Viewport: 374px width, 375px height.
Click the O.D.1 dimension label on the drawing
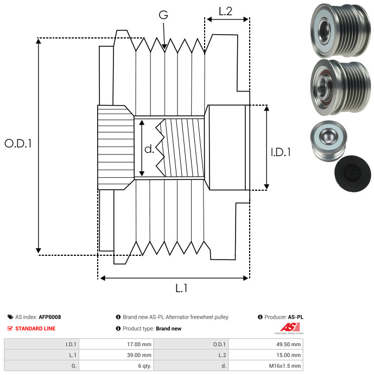coord(18,144)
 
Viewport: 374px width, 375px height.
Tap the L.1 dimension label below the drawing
coord(181,288)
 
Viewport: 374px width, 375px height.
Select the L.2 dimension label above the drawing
coord(225,11)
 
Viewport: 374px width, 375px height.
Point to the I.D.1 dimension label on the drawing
coord(281,152)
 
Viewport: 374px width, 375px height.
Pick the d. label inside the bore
coord(149,148)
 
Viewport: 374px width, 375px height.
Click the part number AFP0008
coord(50,317)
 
